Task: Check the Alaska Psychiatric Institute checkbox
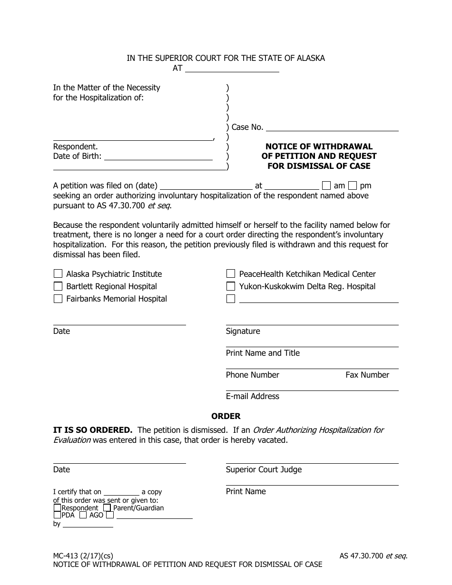coord(58,274)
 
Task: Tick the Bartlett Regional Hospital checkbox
coord(58,286)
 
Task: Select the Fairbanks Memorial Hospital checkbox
coord(58,299)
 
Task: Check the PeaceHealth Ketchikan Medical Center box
coord(231,274)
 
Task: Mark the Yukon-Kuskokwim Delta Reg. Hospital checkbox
coord(231,286)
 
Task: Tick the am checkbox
coord(326,185)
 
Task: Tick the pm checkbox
coord(353,185)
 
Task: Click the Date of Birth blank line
coord(158,156)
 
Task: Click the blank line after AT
coord(232,68)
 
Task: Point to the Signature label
coord(243,331)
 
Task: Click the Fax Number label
coord(367,375)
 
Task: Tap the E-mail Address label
coord(252,396)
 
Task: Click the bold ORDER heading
coord(226,416)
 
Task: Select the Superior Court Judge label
coord(264,469)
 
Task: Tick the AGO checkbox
coord(83,515)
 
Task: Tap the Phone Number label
coord(252,375)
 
